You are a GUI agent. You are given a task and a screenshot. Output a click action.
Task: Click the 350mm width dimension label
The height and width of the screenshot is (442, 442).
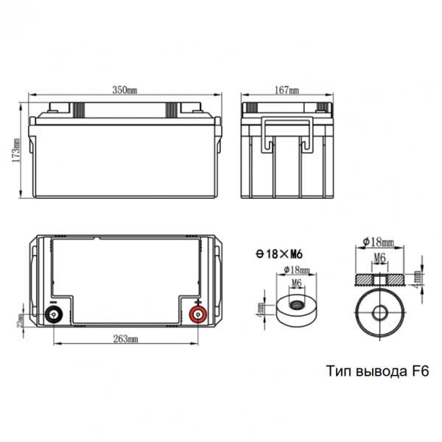pos(124,90)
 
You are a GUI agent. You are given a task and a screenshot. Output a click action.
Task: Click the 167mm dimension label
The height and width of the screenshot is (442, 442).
pos(287,90)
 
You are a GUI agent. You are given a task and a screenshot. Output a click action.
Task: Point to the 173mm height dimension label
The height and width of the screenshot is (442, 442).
pos(15,150)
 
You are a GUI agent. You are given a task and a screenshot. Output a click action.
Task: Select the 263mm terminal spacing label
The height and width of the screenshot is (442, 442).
pos(126,339)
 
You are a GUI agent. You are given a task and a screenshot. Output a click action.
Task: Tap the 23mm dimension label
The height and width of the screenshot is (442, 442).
pos(21,320)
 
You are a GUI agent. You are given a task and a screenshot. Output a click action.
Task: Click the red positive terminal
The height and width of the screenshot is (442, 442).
pos(197,314)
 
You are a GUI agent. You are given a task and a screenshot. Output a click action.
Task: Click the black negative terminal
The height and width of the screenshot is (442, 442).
pos(54,314)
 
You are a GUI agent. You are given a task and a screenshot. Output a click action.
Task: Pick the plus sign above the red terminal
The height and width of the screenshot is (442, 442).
pos(198,303)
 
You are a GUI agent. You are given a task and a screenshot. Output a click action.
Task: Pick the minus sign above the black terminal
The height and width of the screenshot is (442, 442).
pos(53,302)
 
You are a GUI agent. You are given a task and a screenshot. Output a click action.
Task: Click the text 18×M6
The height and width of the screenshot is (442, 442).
pos(284,255)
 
